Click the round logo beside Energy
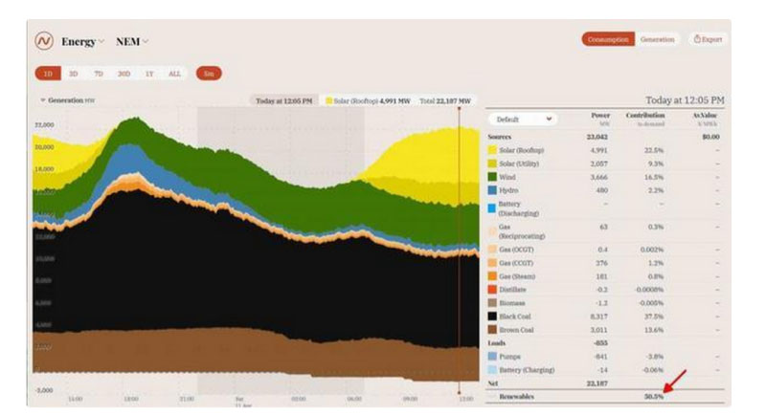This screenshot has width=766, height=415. click(44, 41)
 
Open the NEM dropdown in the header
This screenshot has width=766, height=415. click(132, 41)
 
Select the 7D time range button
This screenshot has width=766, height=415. click(98, 74)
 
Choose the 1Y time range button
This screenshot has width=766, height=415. click(148, 74)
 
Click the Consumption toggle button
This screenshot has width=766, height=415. click(608, 39)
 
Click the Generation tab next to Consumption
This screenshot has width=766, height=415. click(657, 39)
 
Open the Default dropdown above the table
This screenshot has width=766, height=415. click(522, 120)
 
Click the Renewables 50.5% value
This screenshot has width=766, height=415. click(654, 396)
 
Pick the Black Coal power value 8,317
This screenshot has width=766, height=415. click(596, 315)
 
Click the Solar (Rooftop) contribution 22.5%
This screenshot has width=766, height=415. click(653, 149)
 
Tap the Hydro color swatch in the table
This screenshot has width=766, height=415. click(492, 190)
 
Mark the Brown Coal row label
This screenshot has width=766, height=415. click(517, 328)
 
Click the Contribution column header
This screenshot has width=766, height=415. click(645, 116)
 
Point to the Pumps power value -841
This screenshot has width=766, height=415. click(597, 356)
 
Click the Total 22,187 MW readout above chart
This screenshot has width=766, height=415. click(445, 99)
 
